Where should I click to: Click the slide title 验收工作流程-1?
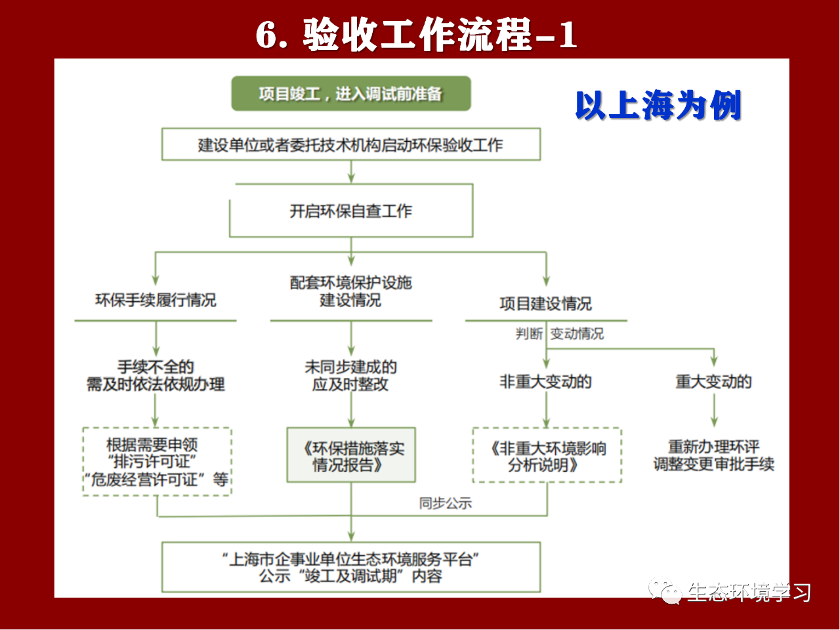tap(416, 34)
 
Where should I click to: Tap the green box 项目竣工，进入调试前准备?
tap(351, 94)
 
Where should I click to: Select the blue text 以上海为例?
tap(658, 105)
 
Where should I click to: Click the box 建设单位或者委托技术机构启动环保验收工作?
tap(351, 144)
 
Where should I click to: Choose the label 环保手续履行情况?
tap(156, 300)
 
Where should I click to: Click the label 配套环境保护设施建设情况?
tap(351, 291)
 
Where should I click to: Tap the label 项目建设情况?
tap(546, 304)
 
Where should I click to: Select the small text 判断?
tap(529, 333)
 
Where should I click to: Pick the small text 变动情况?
tap(577, 333)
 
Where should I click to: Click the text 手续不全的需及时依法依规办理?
tap(156, 375)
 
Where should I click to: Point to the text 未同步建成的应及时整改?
tap(351, 375)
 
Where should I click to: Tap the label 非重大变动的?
tap(546, 382)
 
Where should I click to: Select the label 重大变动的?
tap(714, 382)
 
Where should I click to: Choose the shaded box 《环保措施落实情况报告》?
tap(351, 455)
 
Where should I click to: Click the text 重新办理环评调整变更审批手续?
tap(714, 455)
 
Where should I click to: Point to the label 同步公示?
tap(446, 503)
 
